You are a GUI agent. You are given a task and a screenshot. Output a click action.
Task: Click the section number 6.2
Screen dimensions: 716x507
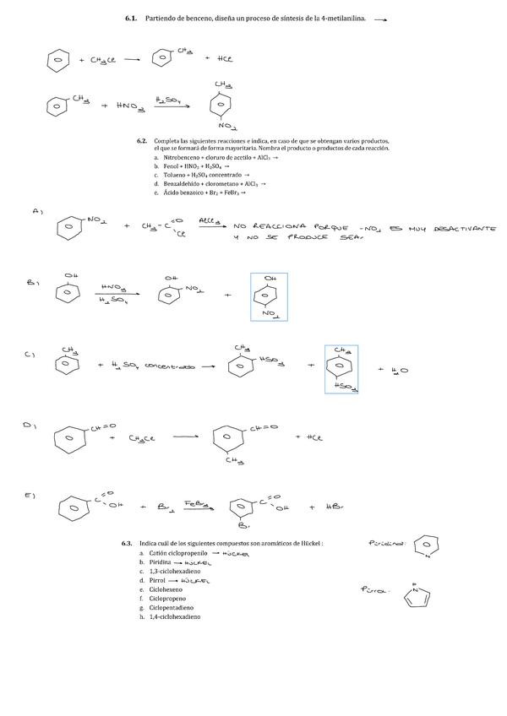[x=141, y=140]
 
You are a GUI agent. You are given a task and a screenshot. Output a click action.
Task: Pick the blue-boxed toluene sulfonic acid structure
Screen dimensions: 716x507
[x=341, y=369]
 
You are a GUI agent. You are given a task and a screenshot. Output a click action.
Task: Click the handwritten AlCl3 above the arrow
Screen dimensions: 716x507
[x=210, y=219]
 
